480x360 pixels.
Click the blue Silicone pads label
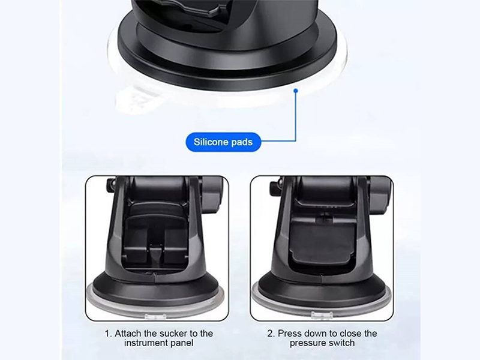coord(223,142)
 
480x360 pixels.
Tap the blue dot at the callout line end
coord(296,91)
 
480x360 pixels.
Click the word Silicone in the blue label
coord(211,142)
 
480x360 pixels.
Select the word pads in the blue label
coord(242,142)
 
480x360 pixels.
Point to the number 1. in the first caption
coord(109,334)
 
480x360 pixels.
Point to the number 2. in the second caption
coord(271,334)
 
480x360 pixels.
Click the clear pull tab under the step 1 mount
coord(155,317)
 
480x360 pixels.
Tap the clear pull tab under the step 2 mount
coord(322,314)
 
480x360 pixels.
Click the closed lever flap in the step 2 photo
coord(323,242)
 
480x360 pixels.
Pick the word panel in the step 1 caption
coord(182,343)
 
